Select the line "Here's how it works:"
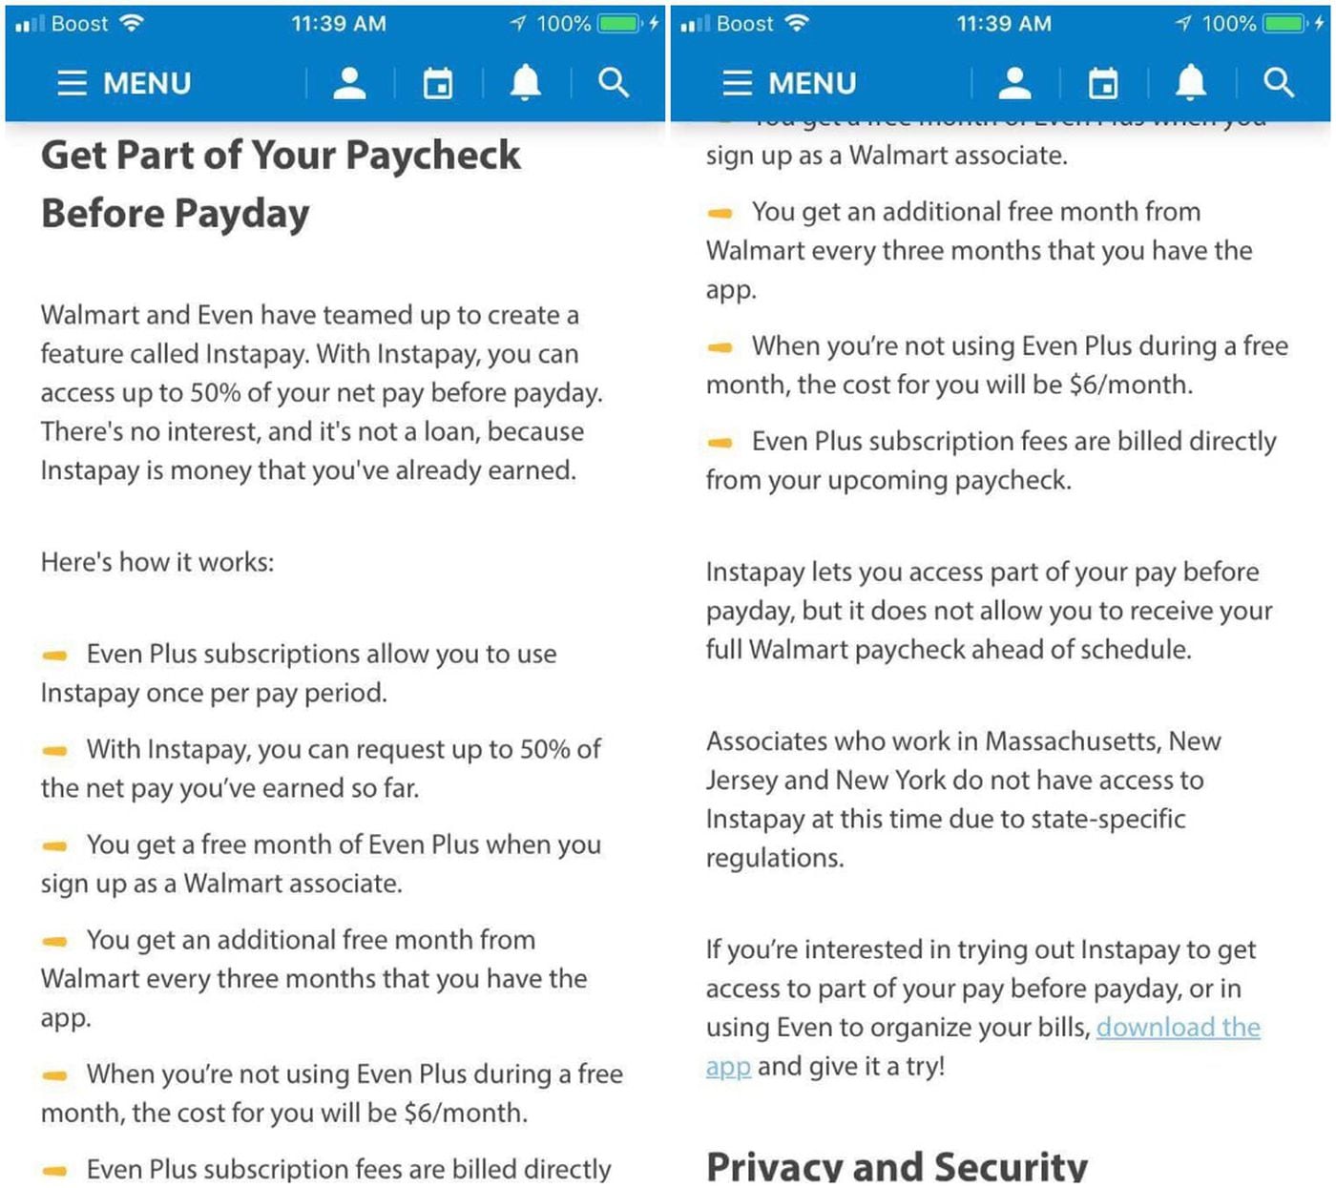click(x=157, y=562)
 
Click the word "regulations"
click(x=774, y=858)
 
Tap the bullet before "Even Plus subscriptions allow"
click(x=55, y=656)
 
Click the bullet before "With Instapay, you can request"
click(x=55, y=751)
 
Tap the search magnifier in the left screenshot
click(x=614, y=83)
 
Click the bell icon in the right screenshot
click(x=1190, y=83)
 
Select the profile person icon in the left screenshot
click(x=349, y=83)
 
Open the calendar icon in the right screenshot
click(x=1103, y=83)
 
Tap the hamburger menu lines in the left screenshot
click(x=72, y=83)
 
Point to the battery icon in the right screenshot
click(x=1285, y=24)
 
